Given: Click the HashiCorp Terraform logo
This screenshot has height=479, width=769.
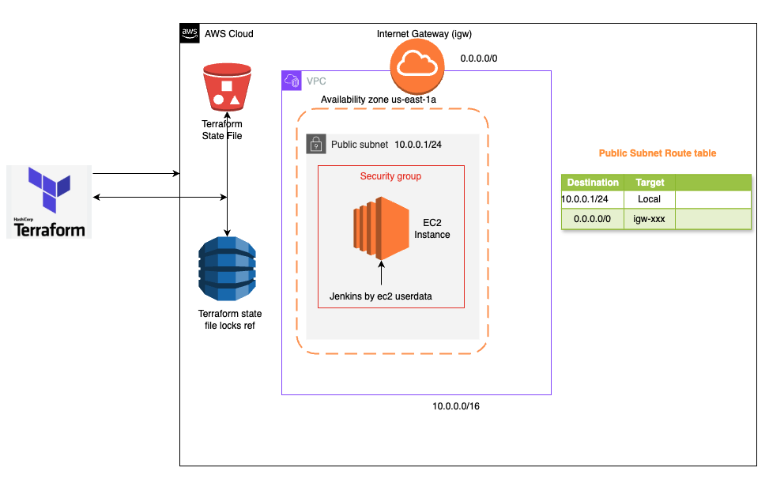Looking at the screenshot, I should pyautogui.click(x=48, y=202).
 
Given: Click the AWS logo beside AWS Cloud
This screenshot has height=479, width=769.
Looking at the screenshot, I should pyautogui.click(x=190, y=33).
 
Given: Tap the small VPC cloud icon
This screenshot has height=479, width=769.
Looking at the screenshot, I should pyautogui.click(x=292, y=81).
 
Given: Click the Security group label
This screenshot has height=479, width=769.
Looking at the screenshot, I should pyautogui.click(x=390, y=176).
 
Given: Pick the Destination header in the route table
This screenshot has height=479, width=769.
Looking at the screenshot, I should pyautogui.click(x=593, y=183).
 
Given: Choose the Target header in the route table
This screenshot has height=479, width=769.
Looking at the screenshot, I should pyautogui.click(x=650, y=183).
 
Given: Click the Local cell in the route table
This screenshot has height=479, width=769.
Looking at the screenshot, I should pyautogui.click(x=650, y=199).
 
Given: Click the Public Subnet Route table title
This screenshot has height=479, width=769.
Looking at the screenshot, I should pyautogui.click(x=658, y=153).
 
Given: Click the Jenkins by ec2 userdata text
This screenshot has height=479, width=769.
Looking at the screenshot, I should pyautogui.click(x=380, y=296).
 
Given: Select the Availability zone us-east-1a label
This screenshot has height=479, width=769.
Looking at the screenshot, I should pyautogui.click(x=379, y=100).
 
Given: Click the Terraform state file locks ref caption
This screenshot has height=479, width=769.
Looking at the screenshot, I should pyautogui.click(x=229, y=320).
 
